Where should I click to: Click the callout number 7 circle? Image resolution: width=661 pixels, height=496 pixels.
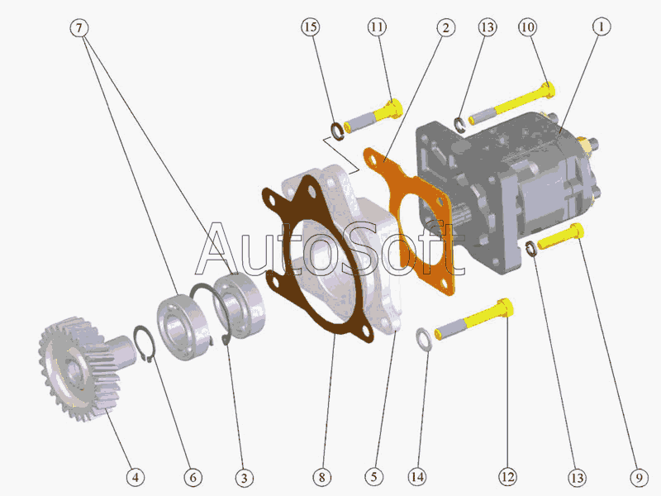[78, 28]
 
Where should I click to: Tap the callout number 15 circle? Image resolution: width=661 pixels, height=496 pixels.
[311, 27]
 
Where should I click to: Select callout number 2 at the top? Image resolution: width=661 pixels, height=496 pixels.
[445, 28]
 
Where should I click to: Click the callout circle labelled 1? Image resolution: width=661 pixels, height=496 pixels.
[602, 26]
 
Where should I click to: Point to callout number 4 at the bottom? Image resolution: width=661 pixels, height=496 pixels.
[136, 478]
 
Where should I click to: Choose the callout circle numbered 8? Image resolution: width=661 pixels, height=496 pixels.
[322, 477]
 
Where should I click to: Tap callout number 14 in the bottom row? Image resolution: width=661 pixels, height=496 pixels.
[417, 477]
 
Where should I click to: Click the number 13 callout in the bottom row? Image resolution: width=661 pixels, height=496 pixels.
[577, 478]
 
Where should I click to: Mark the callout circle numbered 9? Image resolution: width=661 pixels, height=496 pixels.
[639, 478]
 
